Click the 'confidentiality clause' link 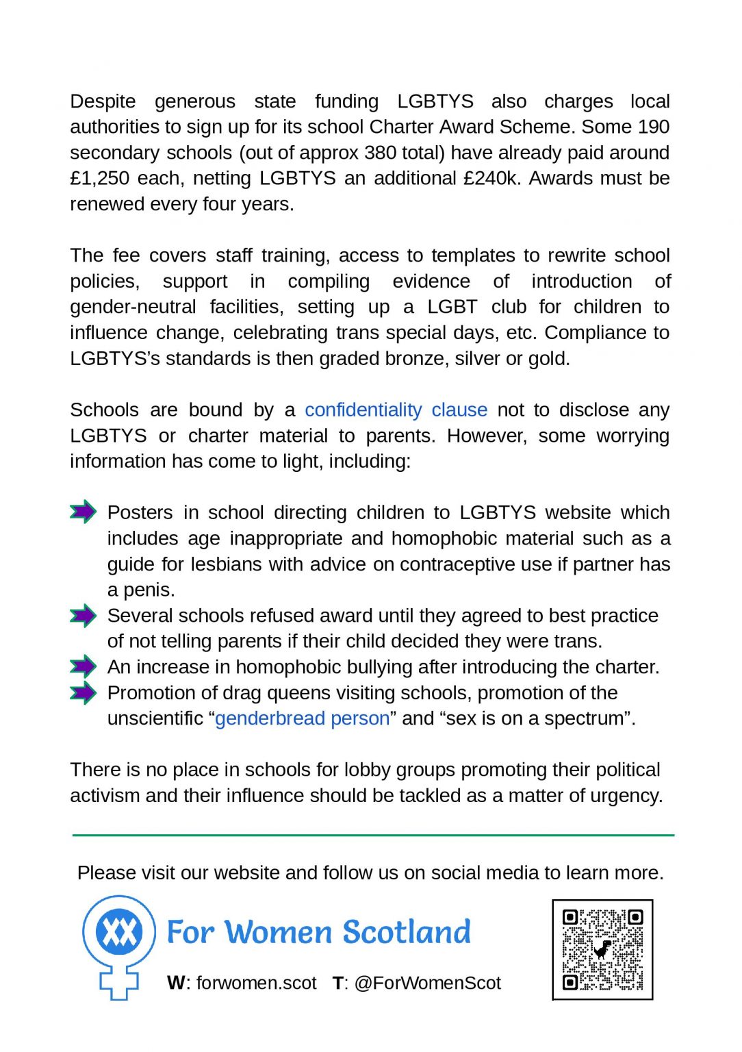point(396,410)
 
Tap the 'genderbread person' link point(302,718)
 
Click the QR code point(602,949)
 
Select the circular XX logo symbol point(119,931)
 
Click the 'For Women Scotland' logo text point(319,932)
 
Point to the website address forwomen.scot point(256,983)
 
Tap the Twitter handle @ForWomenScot point(427,983)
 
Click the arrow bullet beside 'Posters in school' point(84,512)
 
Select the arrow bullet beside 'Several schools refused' point(84,615)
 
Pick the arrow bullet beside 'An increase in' point(84,666)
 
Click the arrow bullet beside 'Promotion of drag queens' point(84,692)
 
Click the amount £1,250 point(99,178)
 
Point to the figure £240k point(491,178)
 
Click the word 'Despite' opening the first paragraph point(103,101)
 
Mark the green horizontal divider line point(373,835)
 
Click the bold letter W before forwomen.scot point(176,983)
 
